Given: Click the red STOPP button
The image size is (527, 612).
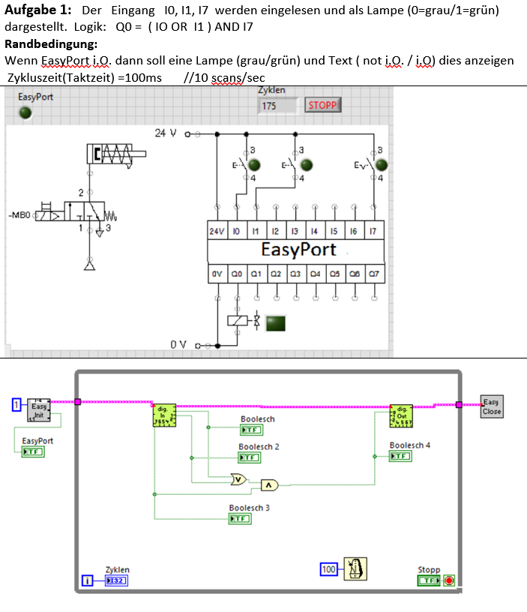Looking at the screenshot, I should (x=322, y=106).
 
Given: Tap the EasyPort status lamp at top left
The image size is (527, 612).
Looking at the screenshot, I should (x=25, y=112).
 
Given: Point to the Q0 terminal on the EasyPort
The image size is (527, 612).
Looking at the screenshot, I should (x=236, y=274).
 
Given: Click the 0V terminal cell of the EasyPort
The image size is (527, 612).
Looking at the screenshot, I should (x=217, y=274).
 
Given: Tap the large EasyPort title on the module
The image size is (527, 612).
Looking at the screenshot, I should (x=298, y=250).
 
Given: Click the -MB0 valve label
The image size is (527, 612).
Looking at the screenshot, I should (x=19, y=216).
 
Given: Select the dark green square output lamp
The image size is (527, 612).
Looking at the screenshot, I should (x=276, y=323).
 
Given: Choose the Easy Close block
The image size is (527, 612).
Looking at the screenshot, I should (x=492, y=406).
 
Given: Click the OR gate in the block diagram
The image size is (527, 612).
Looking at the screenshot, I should (x=239, y=479).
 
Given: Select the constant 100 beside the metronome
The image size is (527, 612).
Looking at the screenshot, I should (x=328, y=570).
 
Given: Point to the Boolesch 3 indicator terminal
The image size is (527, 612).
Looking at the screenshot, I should (x=240, y=519).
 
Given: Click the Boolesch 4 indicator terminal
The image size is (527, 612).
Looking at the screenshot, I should (x=400, y=456).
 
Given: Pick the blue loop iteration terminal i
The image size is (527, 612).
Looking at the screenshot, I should (x=88, y=580).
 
